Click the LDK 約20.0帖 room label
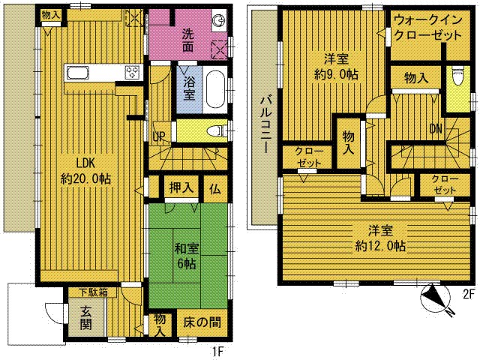pos(85,171)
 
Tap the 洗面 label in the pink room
pos(188,40)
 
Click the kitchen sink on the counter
pos(78,73)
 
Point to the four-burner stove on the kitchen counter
pos(132,73)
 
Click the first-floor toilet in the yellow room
pos(217,131)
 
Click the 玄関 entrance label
pos(86,318)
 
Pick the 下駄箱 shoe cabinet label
pos(93,292)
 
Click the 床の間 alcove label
pos(202,322)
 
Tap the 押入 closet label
pos(181,187)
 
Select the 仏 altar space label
pos(215,189)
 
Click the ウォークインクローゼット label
pos(428,28)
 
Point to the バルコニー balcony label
pos(265,125)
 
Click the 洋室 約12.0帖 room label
pos(380,238)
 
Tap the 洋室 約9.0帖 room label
pos(336,67)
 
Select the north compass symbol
pos(436,297)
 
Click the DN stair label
pos(436,129)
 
